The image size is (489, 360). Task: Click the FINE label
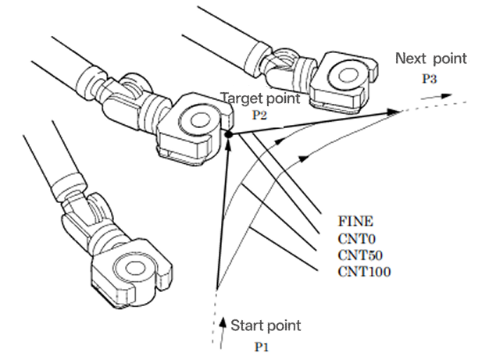(355, 221)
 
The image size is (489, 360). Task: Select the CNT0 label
(356, 239)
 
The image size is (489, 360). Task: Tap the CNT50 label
(360, 255)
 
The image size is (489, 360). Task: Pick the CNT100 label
(364, 272)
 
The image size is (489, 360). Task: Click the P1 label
(262, 347)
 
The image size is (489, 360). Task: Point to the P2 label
(259, 115)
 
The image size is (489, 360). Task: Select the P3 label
(430, 79)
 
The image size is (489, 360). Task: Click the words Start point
(266, 326)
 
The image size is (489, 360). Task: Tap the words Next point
(431, 59)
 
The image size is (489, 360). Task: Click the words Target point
(260, 98)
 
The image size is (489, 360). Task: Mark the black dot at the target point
(229, 134)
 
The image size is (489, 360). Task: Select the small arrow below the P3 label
(437, 96)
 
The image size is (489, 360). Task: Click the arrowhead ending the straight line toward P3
(394, 112)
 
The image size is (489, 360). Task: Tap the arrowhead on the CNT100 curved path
(303, 159)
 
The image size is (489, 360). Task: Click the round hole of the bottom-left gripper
(134, 267)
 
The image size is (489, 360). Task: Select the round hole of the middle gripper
(198, 120)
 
